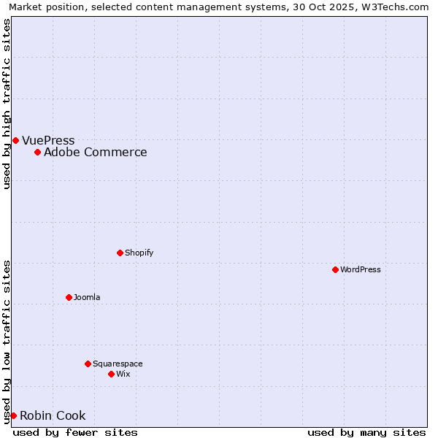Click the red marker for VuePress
point(15,140)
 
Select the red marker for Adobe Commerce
point(37,152)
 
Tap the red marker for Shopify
point(120,253)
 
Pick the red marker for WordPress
point(335,269)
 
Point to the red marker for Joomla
point(69,297)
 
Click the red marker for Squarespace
point(88,364)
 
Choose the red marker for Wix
point(111,374)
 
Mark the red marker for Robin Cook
point(13,415)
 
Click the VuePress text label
point(48,140)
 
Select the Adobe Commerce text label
point(95,152)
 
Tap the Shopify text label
point(139,253)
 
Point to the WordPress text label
point(360,269)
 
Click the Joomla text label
point(87,297)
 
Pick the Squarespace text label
point(118,364)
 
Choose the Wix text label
point(123,374)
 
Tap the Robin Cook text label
point(53,415)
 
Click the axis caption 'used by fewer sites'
point(75,432)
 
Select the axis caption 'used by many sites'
point(366,432)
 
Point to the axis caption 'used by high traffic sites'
point(7,104)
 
